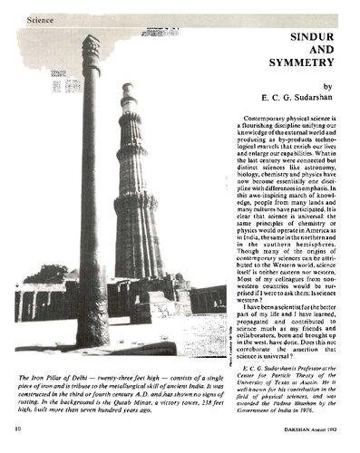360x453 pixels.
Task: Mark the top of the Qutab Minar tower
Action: click(x=128, y=89)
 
